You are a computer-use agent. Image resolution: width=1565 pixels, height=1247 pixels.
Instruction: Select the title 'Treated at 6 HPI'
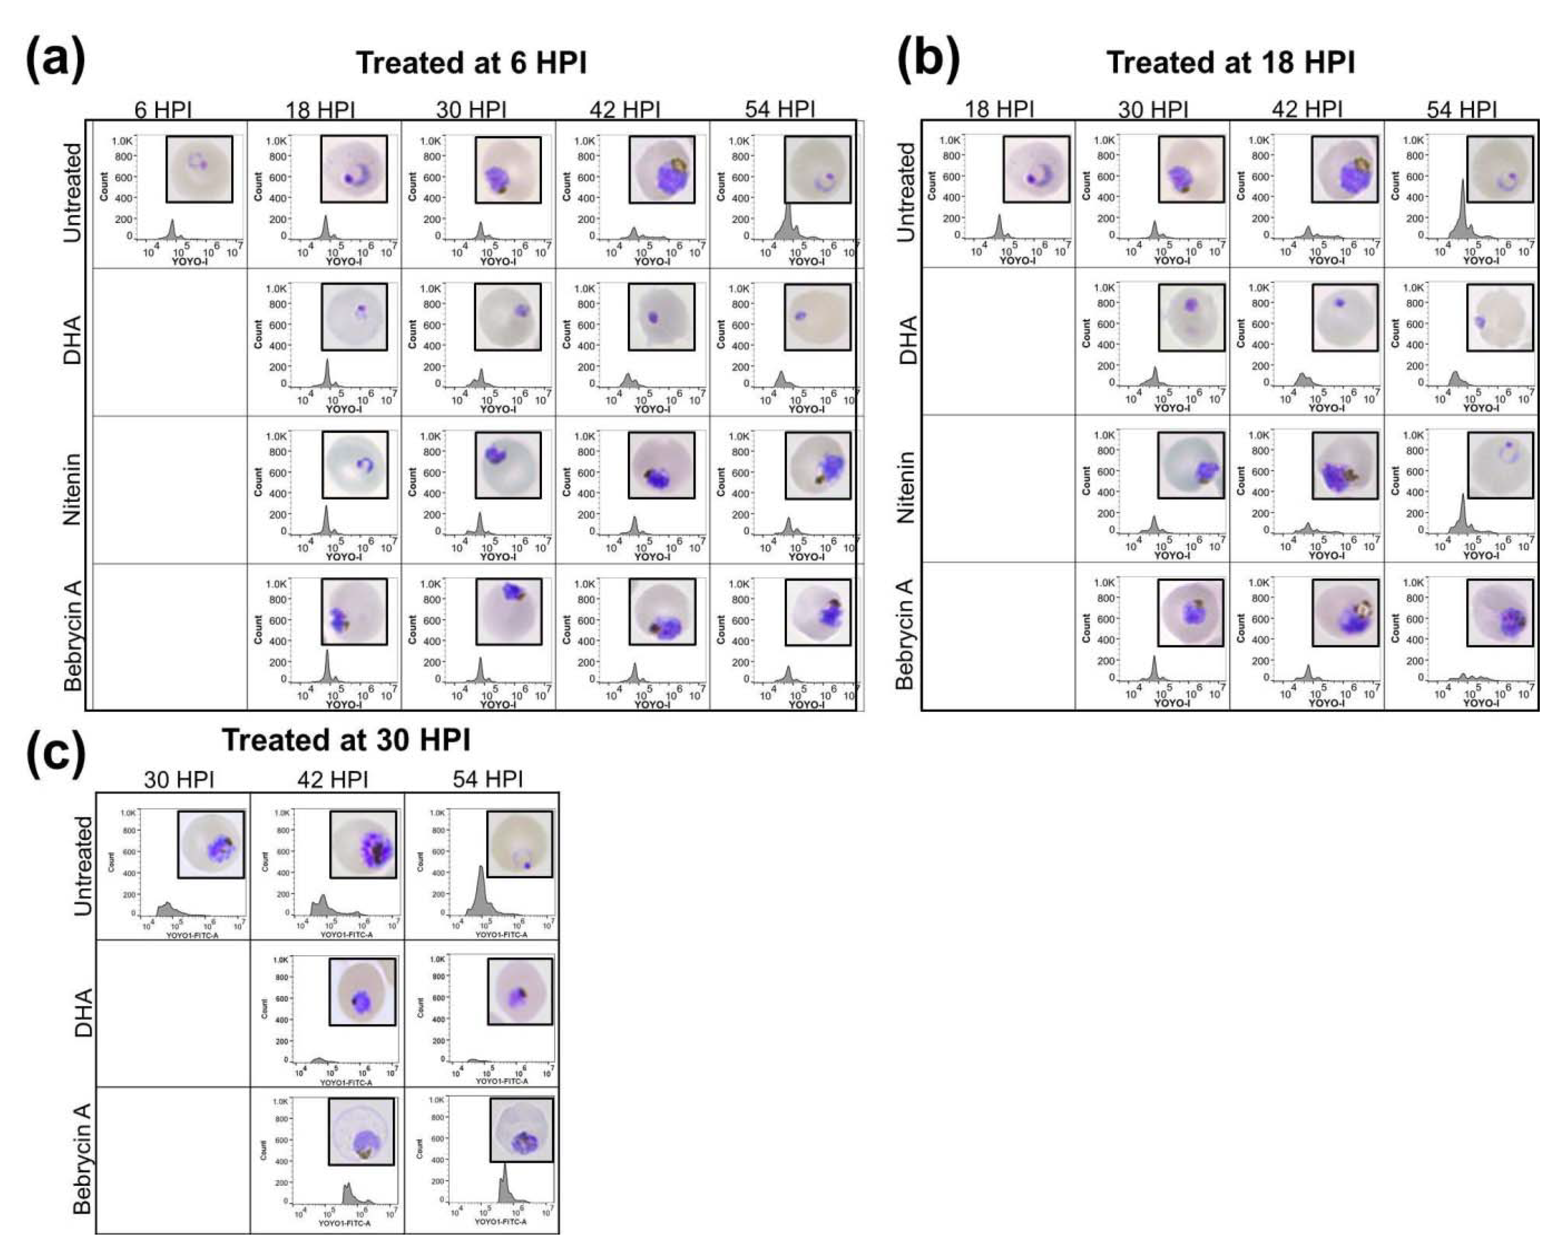pyautogui.click(x=471, y=63)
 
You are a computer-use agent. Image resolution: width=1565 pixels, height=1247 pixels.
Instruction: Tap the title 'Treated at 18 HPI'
pyautogui.click(x=1231, y=63)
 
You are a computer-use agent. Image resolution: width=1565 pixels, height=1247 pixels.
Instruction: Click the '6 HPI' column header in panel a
pyautogui.click(x=163, y=110)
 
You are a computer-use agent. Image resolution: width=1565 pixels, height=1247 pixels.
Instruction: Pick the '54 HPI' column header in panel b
pyautogui.click(x=1461, y=110)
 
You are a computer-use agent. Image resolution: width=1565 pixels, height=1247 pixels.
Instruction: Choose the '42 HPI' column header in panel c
pyautogui.click(x=333, y=779)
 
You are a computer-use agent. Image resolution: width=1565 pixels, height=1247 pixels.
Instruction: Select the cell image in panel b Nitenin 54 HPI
pyautogui.click(x=1500, y=464)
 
